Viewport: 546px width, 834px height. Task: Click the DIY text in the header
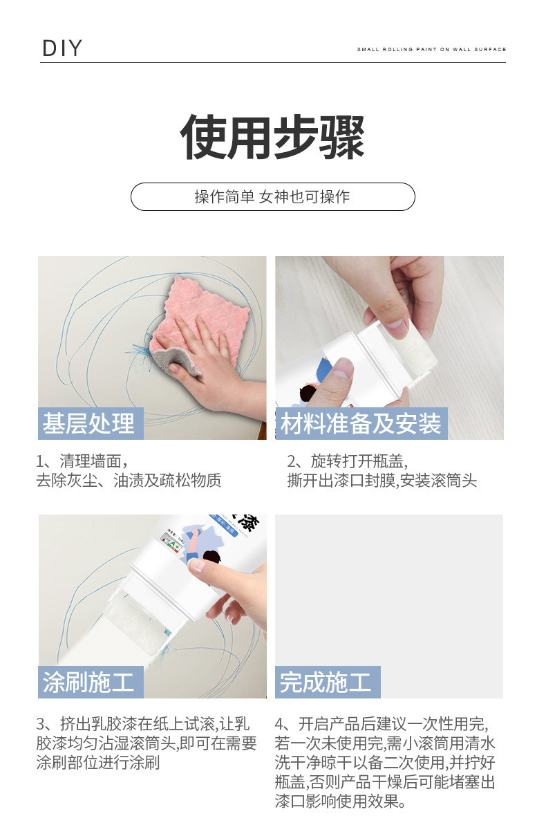click(x=62, y=48)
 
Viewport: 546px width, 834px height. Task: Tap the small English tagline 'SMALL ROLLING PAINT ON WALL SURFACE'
click(x=431, y=50)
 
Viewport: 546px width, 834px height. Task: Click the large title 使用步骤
click(x=272, y=136)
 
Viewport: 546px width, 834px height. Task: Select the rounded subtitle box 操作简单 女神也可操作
click(x=272, y=197)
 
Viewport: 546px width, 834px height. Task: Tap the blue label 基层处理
click(x=90, y=424)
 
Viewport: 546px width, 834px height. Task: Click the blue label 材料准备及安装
click(x=361, y=424)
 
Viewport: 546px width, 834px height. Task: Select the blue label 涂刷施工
click(x=90, y=682)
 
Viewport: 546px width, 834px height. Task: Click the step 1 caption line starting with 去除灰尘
click(x=129, y=481)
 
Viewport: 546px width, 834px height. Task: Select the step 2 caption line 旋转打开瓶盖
click(x=347, y=461)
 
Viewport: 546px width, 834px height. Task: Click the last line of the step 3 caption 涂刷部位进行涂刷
click(x=98, y=763)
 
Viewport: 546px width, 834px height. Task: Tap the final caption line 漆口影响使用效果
click(x=340, y=801)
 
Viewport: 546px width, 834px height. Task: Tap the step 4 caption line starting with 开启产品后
click(x=382, y=724)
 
